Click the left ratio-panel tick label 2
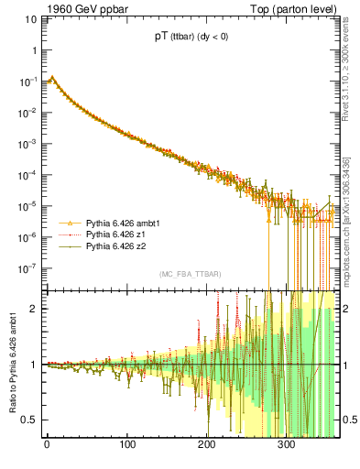(x=32, y=308)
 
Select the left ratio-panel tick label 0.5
(x=28, y=420)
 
